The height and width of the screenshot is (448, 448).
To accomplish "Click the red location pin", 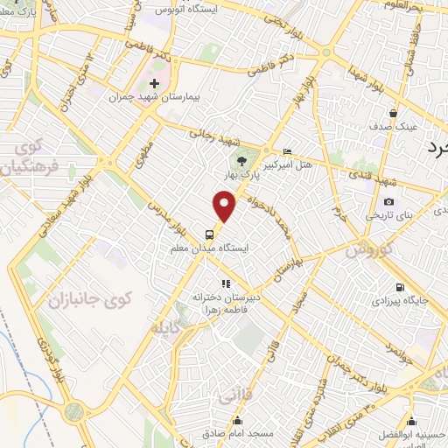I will point(225,206).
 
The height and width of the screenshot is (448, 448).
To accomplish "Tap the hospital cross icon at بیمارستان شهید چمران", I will point(154,83).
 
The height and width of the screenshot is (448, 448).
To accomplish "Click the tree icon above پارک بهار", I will point(241,160).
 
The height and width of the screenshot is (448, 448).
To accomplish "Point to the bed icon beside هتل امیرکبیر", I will point(287,152).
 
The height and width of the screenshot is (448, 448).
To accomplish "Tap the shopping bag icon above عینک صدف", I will point(394,113).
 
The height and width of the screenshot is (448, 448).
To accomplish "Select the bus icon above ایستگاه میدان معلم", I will point(209,234).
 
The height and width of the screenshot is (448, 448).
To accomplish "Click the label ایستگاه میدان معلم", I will point(208,248).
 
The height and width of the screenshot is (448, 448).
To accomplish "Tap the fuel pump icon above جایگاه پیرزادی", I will point(401,287).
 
